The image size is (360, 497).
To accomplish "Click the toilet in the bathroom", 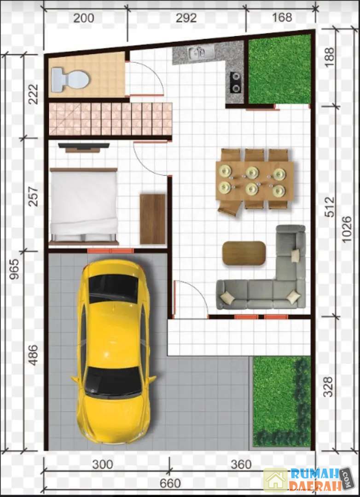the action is point(70,79).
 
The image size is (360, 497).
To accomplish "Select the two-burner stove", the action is point(235,82).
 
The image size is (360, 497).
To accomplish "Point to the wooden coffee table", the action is point(244,253).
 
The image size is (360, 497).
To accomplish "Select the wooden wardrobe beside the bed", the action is point(153,219).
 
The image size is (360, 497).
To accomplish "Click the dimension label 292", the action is point(186,18).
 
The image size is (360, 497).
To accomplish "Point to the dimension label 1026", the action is point(347,229).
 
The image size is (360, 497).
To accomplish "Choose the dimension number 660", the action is point(170,484).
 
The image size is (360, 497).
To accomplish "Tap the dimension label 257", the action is point(33,197).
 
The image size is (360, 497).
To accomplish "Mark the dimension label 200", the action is point(84,18).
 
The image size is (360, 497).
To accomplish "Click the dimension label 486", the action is point(33,355).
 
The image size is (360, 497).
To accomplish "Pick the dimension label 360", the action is point(241,465).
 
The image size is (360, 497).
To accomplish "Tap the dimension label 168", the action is point(282,17).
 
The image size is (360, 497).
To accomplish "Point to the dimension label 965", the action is point(14,269).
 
